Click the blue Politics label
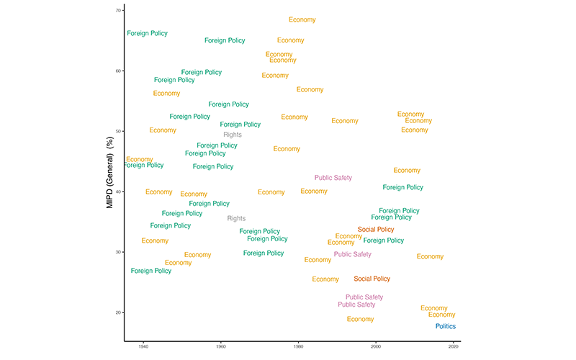coord(446,326)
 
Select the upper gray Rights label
coord(233,135)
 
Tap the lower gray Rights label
coord(236,218)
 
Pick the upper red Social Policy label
coord(376,230)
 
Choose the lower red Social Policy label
coord(372,279)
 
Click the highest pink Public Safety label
coord(333,178)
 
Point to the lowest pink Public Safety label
coord(356,305)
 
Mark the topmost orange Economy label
coord(302,20)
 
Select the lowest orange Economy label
coord(360,319)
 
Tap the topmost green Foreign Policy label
coord(148,33)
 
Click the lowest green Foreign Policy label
coord(151,271)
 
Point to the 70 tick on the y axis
coord(117,11)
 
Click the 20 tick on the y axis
coord(117,312)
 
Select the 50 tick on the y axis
coord(117,131)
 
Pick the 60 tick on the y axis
coord(117,71)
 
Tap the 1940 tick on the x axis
coord(143,346)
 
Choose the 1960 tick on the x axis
coord(220,346)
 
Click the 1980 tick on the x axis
coord(298,346)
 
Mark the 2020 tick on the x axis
coord(453,346)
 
